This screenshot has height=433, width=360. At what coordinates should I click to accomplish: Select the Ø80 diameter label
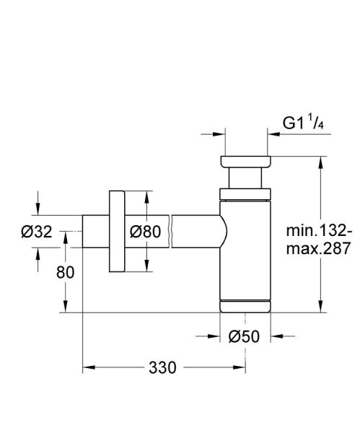click(145, 232)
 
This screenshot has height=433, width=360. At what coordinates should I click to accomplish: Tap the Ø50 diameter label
click(245, 336)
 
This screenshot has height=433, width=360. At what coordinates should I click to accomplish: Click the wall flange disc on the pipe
click(115, 232)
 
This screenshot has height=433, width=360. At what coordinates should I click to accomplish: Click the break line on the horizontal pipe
click(170, 232)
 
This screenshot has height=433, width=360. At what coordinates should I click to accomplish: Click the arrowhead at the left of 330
click(88, 367)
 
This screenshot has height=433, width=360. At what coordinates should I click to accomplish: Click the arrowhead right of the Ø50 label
click(275, 336)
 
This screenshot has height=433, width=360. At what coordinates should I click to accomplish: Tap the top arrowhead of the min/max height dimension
click(320, 159)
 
